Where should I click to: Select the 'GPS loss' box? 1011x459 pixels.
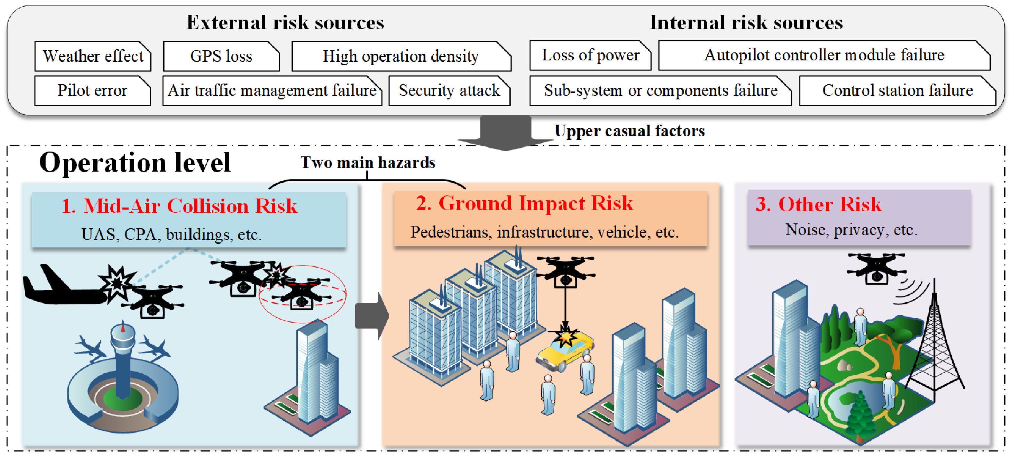221,56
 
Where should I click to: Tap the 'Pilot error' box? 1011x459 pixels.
92,90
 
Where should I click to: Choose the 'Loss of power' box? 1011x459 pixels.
590,55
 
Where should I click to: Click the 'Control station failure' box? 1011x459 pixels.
897,90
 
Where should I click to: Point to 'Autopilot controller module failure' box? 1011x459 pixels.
824,55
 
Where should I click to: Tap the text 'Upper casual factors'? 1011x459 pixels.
629,131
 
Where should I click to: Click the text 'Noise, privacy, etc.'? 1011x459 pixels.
851,230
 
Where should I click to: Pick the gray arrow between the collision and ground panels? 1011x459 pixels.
371,315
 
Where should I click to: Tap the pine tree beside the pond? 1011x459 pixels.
860,417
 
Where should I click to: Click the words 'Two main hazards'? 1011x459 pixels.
368,162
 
